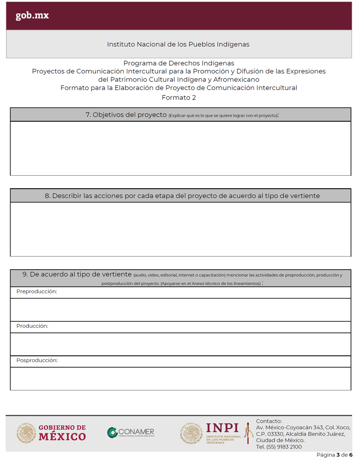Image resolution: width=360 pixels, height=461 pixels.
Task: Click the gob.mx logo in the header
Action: point(32,16)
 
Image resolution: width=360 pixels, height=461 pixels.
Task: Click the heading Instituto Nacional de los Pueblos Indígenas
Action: point(178,44)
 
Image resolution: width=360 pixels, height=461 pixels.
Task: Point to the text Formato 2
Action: point(179,98)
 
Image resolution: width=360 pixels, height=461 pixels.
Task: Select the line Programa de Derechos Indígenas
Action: point(179,63)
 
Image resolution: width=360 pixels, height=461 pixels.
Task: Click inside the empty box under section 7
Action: point(180,148)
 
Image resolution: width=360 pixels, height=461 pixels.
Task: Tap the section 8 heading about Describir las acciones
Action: point(182,196)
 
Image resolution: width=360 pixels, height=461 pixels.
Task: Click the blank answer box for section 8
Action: point(180,229)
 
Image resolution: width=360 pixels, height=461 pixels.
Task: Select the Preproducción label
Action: point(37,292)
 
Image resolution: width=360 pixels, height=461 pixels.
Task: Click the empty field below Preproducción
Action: point(180,310)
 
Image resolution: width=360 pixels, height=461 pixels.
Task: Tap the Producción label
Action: point(32,326)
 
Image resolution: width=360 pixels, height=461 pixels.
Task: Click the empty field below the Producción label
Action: point(180,344)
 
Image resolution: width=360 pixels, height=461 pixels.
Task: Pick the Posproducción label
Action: point(37,361)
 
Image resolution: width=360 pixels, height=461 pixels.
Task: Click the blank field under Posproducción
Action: point(180,379)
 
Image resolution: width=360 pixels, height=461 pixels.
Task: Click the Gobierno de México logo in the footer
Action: point(51,433)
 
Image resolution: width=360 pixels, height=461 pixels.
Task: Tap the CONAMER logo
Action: point(131,433)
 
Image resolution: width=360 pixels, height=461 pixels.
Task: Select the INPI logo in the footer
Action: point(211,433)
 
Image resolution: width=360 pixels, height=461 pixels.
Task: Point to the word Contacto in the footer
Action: point(269,421)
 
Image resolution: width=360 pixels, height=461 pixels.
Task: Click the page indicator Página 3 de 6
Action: point(334,455)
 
